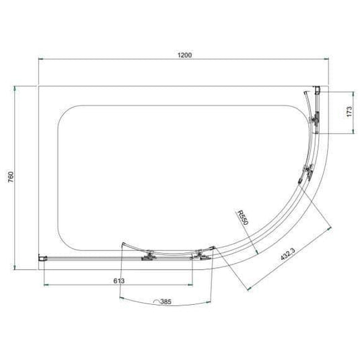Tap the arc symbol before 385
click(x=158, y=302)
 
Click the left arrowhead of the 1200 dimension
click(x=41, y=61)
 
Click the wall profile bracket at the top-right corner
click(x=318, y=89)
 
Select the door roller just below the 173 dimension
click(x=314, y=121)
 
